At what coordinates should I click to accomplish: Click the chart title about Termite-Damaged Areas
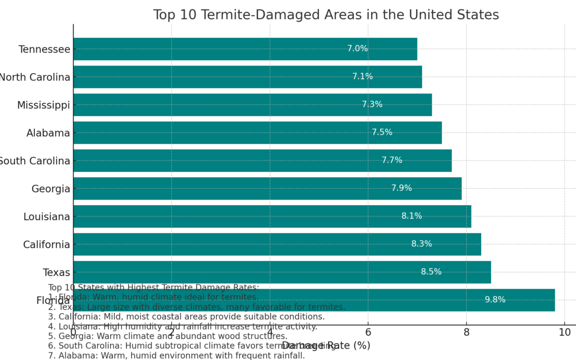coord(326,15)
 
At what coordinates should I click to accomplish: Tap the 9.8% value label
coord(495,300)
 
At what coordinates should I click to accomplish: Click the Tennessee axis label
coord(44,49)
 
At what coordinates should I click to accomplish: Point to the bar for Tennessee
coord(245,49)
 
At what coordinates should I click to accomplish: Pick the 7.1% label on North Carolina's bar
coord(362,77)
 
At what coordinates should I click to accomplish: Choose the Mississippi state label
coord(43,105)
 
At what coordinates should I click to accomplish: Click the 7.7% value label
coord(392,161)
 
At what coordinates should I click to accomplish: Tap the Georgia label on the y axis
coord(51,189)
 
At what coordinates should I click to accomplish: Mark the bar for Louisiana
coord(272,217)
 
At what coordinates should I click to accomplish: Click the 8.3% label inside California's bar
coord(421,244)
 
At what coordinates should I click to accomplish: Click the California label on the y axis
coord(46,245)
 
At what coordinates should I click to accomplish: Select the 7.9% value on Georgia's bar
coord(402,188)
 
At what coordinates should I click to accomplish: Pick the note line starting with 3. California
coord(186,317)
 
